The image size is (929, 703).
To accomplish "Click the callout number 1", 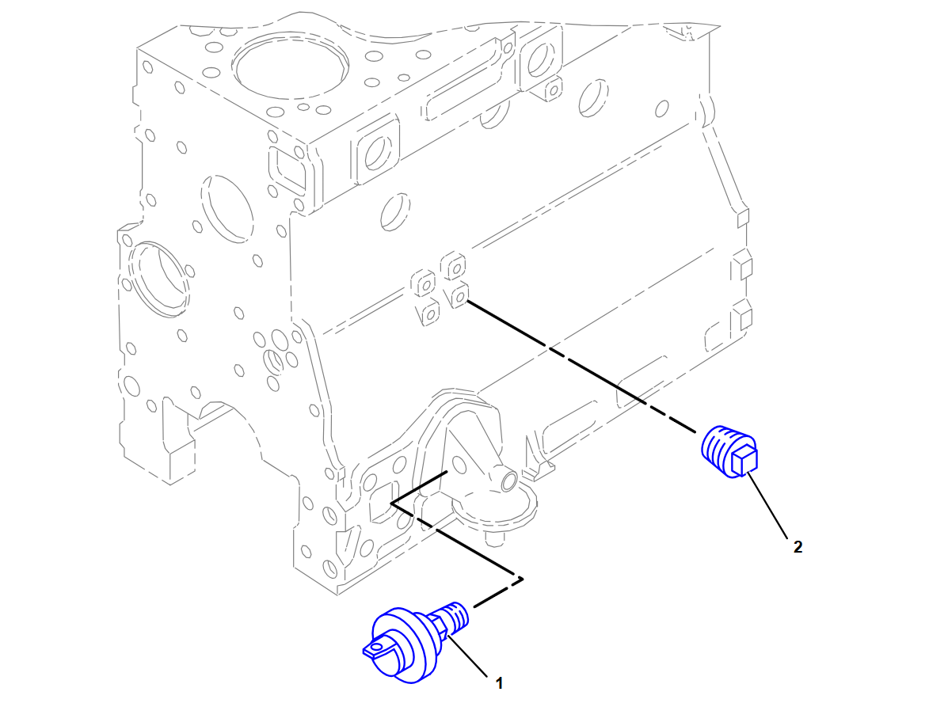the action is pos(499,683).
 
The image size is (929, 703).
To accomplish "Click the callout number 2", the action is pos(798,547).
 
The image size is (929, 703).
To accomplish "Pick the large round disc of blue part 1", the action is pos(401,645).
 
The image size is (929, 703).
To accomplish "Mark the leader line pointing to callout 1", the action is pos(467,655).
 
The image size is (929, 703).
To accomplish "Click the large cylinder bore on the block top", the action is pos(290,65).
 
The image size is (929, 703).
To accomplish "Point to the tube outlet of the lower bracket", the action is pos(508,479).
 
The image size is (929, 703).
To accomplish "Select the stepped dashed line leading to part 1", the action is pos(456,540).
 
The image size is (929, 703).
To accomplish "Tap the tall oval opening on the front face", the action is pos(227,208).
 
